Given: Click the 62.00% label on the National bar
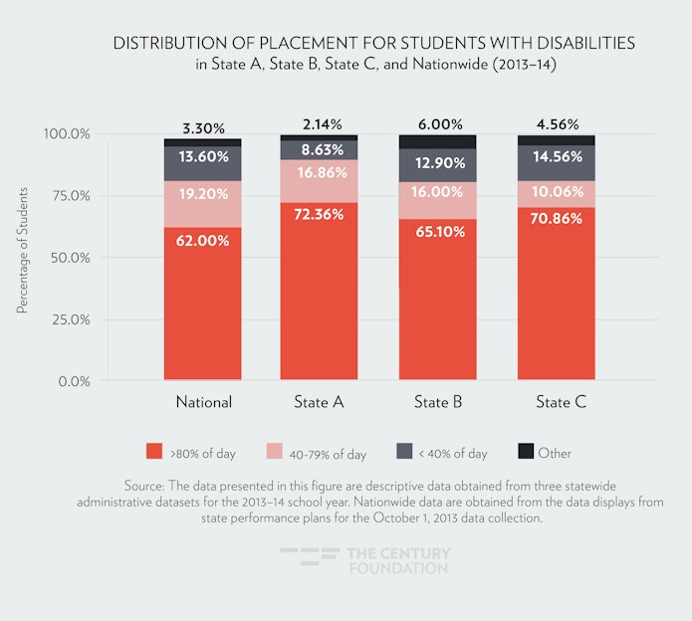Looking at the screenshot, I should point(204,239).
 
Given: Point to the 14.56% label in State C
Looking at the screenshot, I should point(556,157).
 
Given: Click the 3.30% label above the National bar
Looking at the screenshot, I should point(204,128).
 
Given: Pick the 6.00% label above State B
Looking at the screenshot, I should point(438,124).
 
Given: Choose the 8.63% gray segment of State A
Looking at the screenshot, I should point(321,150).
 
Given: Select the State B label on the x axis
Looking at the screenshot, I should point(438,403).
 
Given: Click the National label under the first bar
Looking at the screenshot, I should point(204,403).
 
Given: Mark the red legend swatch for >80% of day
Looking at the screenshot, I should point(153,452).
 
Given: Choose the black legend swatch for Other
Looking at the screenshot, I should point(526,452).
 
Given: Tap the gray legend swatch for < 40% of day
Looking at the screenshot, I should point(403,452).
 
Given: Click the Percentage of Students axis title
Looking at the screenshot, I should point(22,257).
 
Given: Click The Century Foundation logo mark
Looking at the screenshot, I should point(310,558).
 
